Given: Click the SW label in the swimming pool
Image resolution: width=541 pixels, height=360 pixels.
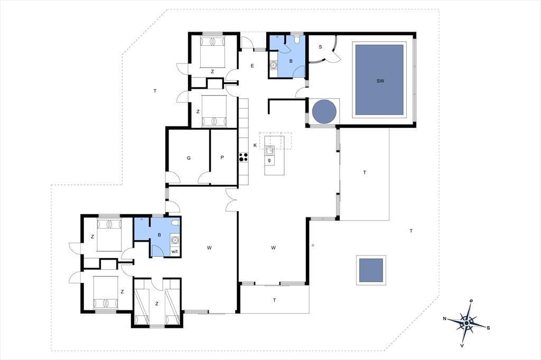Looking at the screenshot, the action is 380,81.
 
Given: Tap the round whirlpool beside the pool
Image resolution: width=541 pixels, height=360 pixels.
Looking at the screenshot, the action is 324,111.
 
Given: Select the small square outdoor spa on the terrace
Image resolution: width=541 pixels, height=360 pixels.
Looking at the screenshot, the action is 371,270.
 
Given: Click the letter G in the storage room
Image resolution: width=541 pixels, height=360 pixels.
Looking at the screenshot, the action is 189,158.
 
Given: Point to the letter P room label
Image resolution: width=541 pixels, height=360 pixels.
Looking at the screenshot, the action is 222,158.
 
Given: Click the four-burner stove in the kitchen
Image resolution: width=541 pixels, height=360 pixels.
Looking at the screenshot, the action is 243,157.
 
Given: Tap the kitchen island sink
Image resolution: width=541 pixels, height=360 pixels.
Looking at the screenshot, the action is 269,150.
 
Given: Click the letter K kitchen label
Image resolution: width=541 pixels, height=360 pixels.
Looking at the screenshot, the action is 255,145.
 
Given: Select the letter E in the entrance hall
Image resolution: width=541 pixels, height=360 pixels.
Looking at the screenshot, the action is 252,65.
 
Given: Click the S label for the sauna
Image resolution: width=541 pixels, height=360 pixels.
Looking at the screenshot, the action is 320,46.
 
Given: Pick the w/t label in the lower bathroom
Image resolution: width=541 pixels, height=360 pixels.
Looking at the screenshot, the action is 174,252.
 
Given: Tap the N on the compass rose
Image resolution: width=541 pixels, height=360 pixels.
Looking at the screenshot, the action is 445,319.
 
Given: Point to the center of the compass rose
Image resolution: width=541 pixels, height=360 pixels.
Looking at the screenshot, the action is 467,323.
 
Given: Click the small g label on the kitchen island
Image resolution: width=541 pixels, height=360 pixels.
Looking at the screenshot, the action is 269,160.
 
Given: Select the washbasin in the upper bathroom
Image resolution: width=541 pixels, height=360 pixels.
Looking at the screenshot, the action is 274,64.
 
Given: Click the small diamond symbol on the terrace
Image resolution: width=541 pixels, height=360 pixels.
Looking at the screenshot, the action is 313,245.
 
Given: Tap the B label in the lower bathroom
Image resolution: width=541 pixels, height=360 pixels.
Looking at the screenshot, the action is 160,235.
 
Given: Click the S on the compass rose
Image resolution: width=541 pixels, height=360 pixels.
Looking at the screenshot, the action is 488,328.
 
